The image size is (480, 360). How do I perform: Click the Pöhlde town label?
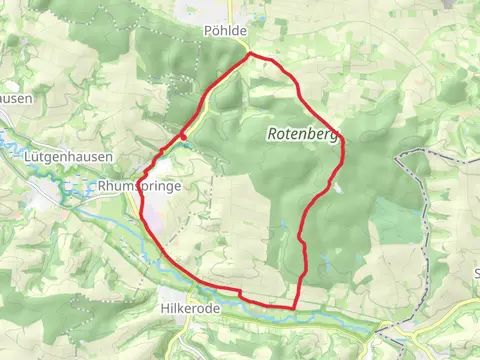[224, 32]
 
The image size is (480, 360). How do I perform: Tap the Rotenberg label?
[302, 134]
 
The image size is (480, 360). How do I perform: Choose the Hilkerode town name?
[189, 310]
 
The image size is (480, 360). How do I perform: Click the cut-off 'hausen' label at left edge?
[16, 99]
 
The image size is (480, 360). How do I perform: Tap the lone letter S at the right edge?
[475, 272]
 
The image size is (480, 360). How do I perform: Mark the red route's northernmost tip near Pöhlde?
[249, 54]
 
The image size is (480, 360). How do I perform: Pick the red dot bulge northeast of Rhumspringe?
[184, 136]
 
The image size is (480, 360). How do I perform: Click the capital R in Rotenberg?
[272, 134]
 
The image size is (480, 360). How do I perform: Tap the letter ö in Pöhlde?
[214, 32]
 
